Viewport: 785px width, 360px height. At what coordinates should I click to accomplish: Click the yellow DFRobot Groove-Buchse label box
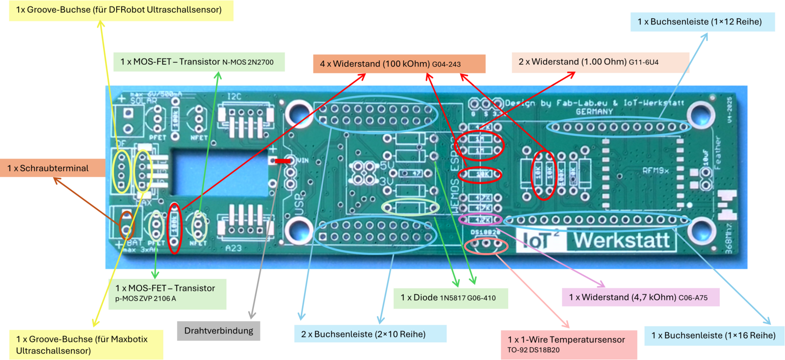pos(121,10)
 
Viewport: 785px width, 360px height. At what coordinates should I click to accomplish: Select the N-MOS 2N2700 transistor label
pos(199,62)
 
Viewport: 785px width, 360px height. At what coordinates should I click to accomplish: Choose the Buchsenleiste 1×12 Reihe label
pos(702,22)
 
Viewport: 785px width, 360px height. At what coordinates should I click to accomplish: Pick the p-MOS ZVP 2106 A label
pos(167,293)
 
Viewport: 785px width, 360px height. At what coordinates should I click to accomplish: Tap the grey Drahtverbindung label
pos(218,331)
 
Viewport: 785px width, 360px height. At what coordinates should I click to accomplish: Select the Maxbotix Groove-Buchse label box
pos(86,344)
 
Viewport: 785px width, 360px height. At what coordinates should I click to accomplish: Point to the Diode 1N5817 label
pos(450,298)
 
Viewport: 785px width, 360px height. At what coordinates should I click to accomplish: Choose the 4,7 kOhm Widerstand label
pos(640,297)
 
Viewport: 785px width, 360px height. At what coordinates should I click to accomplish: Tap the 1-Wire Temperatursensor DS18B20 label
pos(569,344)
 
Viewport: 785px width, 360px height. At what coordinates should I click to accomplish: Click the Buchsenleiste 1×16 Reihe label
pos(713,335)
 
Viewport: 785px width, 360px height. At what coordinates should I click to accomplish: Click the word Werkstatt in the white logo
pos(622,241)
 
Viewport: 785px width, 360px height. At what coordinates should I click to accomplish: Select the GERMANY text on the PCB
pos(594,112)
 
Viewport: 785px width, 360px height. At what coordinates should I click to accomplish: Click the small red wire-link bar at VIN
pos(283,161)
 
